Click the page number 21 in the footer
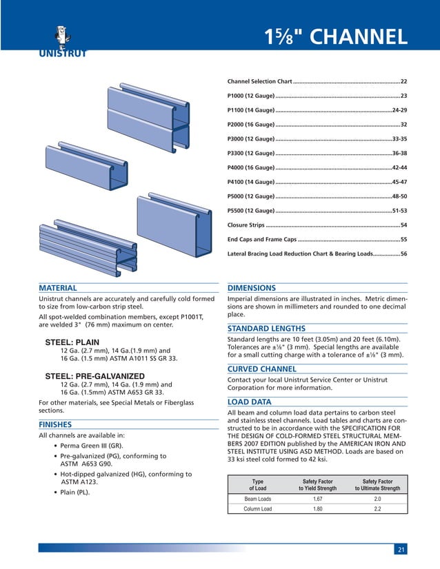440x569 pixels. point(401,548)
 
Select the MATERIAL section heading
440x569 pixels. point(58,288)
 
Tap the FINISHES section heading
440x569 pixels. point(56,424)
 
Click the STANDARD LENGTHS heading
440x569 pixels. point(266,328)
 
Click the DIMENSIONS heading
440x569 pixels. point(252,288)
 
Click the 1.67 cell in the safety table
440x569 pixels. point(318,498)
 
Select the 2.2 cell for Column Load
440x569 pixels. point(377,509)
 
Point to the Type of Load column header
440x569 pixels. point(258,484)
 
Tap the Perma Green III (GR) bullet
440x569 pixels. point(93,446)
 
